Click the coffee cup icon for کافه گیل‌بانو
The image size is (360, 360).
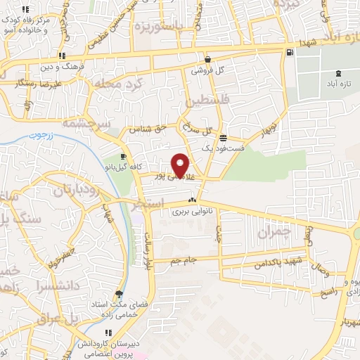pyautogui.click(x=123, y=156)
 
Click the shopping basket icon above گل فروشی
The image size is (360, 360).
pyautogui.click(x=208, y=59)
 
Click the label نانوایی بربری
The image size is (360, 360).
pyautogui.click(x=192, y=211)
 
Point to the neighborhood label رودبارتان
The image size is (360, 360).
pyautogui.click(x=74, y=190)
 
